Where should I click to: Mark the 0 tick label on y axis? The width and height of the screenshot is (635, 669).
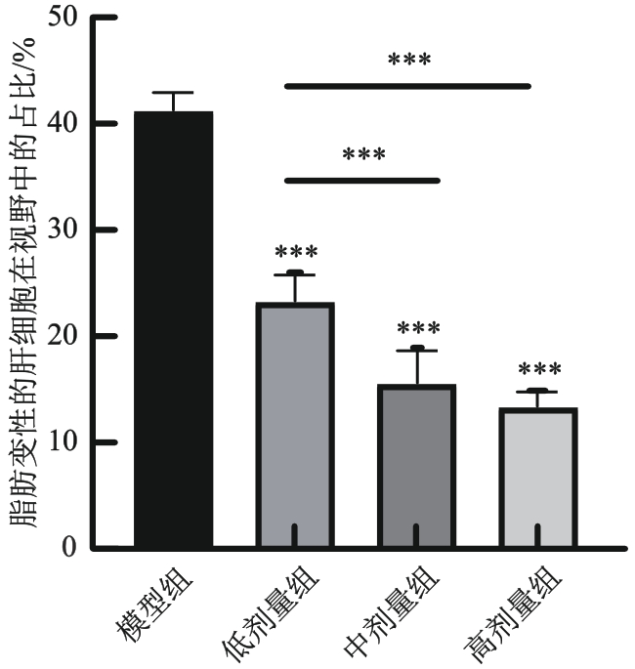67,548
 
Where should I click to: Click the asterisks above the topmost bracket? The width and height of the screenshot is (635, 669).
409,62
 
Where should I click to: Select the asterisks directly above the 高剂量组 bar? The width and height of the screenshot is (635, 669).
538,371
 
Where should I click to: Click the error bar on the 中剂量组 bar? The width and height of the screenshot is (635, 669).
416,366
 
